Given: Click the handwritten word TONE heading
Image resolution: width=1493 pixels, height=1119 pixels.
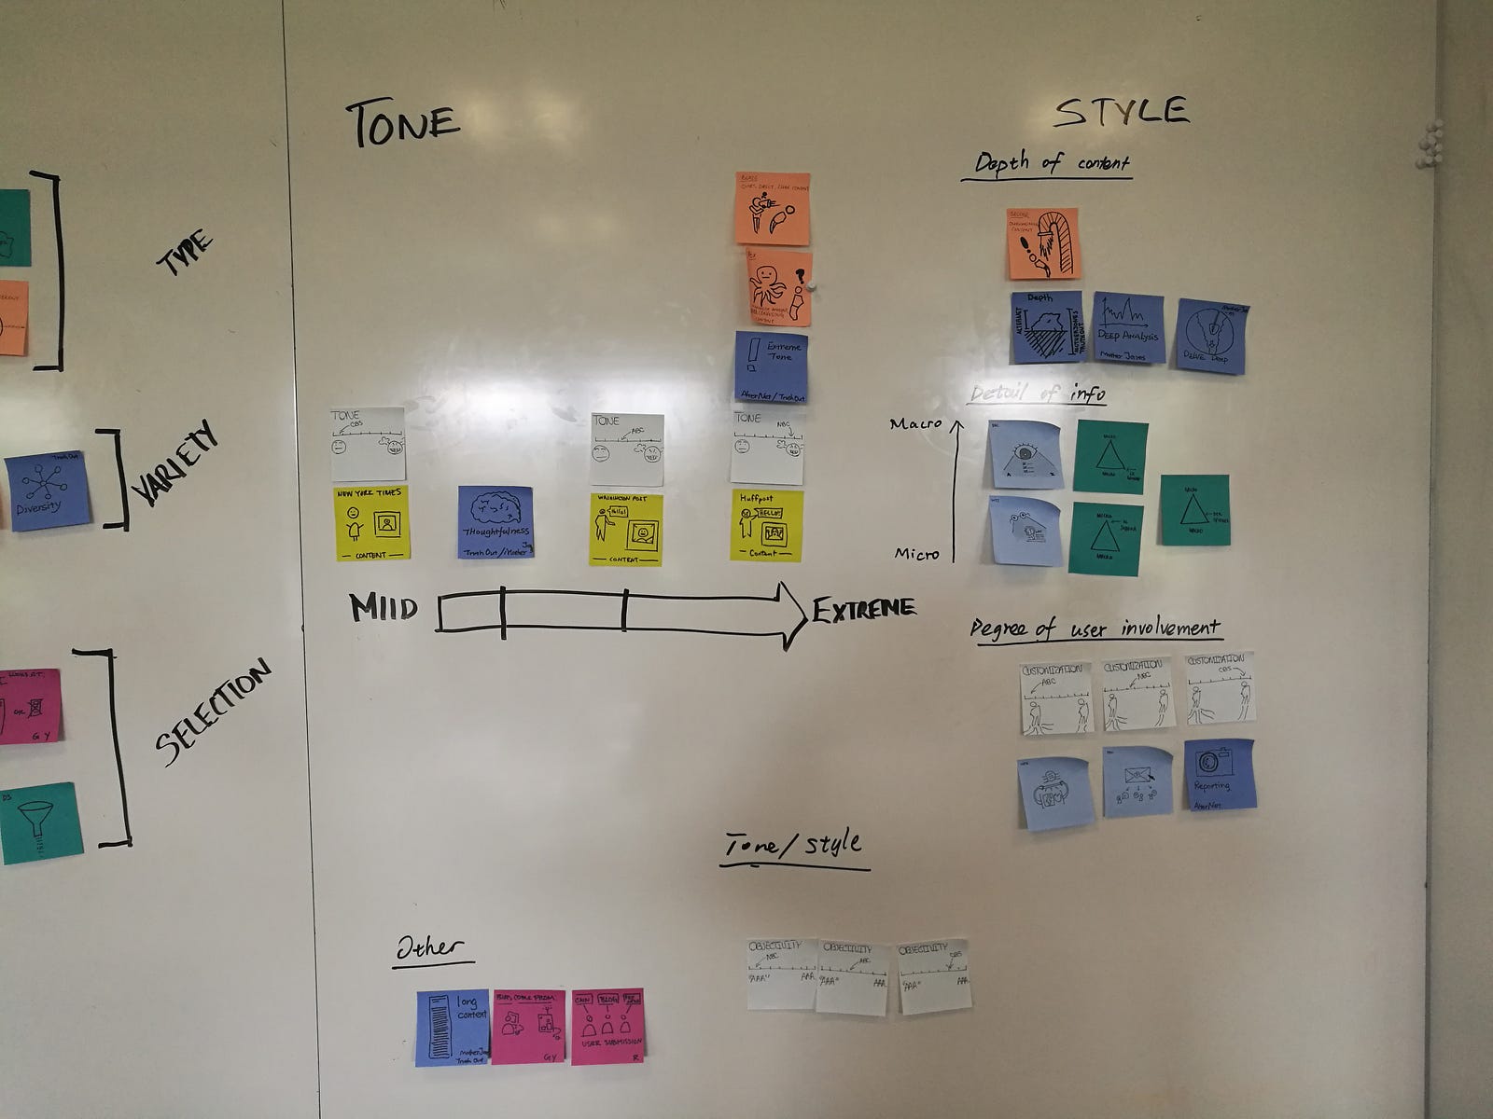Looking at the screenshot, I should click(403, 124).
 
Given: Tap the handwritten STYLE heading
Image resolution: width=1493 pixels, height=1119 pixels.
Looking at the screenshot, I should click(1122, 112).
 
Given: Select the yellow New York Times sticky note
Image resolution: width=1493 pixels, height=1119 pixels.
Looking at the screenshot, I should click(372, 523).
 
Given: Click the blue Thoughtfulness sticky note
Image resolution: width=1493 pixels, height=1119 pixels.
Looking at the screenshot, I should click(495, 522).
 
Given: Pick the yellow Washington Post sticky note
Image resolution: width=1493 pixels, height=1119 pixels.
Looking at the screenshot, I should click(625, 529).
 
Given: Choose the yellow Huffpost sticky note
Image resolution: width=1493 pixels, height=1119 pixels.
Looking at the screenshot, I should click(766, 525).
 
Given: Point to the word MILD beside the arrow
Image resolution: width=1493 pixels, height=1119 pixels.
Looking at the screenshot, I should click(383, 609).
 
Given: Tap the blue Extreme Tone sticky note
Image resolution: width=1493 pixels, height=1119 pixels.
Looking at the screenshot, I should click(771, 367).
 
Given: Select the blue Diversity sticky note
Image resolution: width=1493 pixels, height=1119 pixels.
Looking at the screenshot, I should click(49, 491).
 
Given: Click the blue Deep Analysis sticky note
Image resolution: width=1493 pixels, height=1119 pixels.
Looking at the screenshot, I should click(1128, 327).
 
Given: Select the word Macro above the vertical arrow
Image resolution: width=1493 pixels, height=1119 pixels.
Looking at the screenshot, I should click(915, 424).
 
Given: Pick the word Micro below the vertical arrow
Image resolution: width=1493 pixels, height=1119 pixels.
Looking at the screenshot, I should click(916, 554).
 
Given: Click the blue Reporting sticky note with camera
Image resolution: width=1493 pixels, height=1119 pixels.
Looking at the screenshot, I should click(1220, 774).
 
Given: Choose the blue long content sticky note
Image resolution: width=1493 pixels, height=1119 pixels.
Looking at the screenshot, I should click(453, 1028).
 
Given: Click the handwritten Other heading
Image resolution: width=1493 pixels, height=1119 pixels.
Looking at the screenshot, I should click(429, 948).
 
